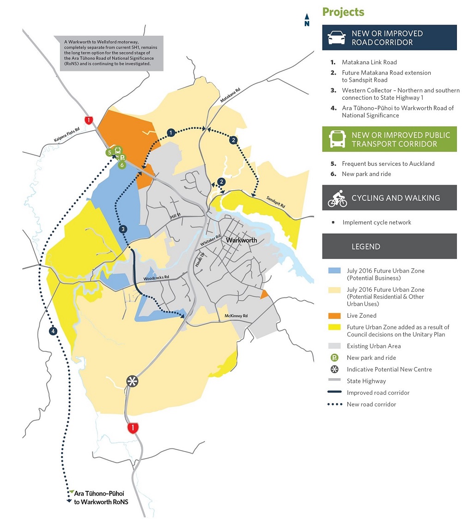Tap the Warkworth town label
point(241,240)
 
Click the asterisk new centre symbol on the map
point(133,381)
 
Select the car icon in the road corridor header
point(337,38)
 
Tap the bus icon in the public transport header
point(337,139)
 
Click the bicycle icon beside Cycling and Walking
point(337,199)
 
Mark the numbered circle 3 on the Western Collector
point(122,229)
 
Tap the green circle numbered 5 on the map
point(109,152)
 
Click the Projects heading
point(343,12)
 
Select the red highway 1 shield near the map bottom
point(133,428)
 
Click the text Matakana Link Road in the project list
point(369,62)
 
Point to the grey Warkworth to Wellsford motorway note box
point(109,53)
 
